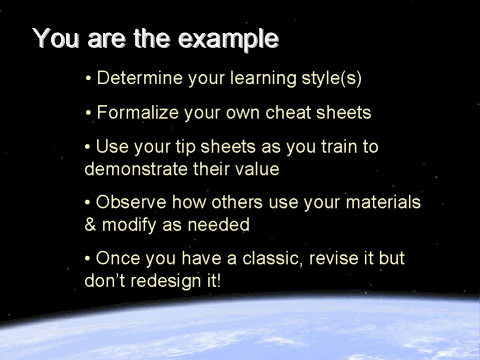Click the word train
coord(340,147)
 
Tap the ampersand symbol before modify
coord(91,226)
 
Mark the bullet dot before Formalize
coord(89,112)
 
